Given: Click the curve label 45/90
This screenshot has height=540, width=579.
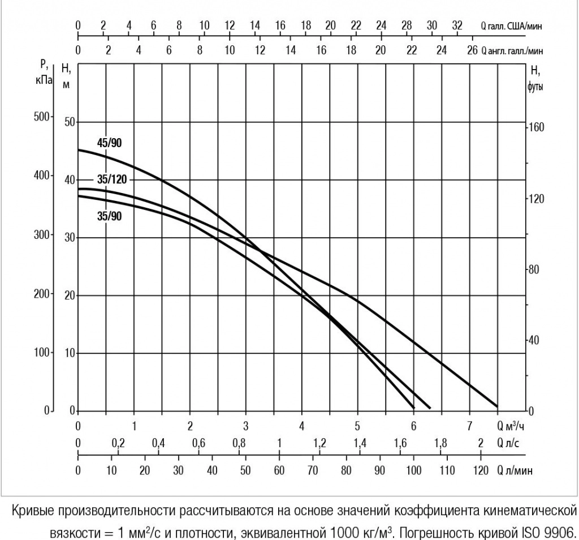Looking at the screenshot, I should tap(109, 143).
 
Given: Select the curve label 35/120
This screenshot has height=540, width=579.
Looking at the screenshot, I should tap(111, 180).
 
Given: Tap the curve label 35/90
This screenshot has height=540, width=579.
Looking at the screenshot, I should tap(109, 216).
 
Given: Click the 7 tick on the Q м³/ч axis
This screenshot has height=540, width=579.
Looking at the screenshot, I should tap(470, 426).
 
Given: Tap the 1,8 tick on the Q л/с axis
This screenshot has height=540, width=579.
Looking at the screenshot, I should tap(440, 443).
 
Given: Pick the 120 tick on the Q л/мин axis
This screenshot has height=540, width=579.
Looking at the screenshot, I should tap(481, 470).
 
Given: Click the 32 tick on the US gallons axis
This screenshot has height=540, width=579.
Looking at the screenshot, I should tap(457, 25).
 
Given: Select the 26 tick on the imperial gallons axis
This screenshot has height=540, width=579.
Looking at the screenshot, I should tap(472, 50).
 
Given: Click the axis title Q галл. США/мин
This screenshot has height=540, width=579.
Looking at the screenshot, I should tap(512, 26).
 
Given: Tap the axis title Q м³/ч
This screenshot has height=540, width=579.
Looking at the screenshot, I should tap(515, 426).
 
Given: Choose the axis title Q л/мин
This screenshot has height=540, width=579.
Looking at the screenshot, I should tap(515, 470).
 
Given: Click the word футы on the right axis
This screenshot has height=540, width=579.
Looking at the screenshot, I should tap(535, 89).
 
